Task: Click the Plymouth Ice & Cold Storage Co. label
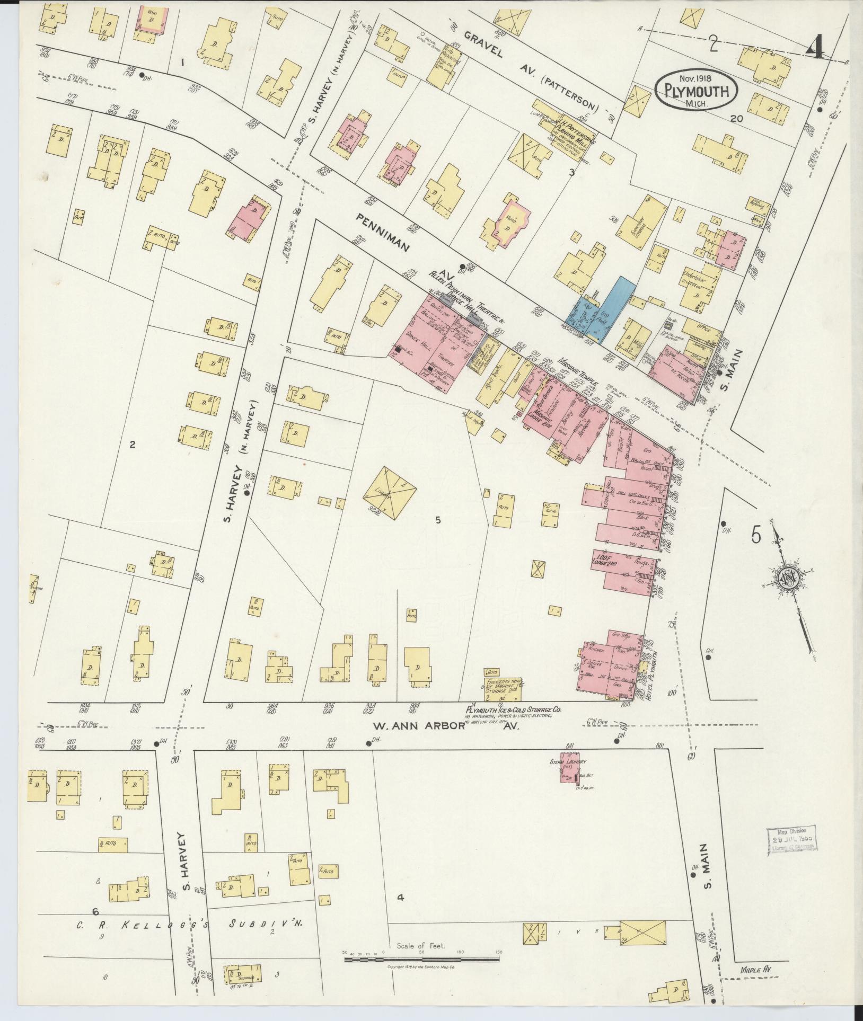click(513, 709)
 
